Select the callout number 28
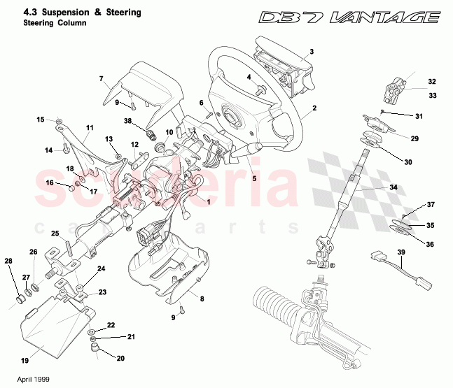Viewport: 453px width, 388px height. pos(9,262)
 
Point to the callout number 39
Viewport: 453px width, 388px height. pos(401,252)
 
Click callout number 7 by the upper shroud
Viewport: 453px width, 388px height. pos(101,79)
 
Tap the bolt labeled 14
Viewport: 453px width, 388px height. pos(64,148)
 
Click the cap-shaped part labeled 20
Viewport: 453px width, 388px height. pos(95,347)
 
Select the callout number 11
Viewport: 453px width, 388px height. pos(89,128)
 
